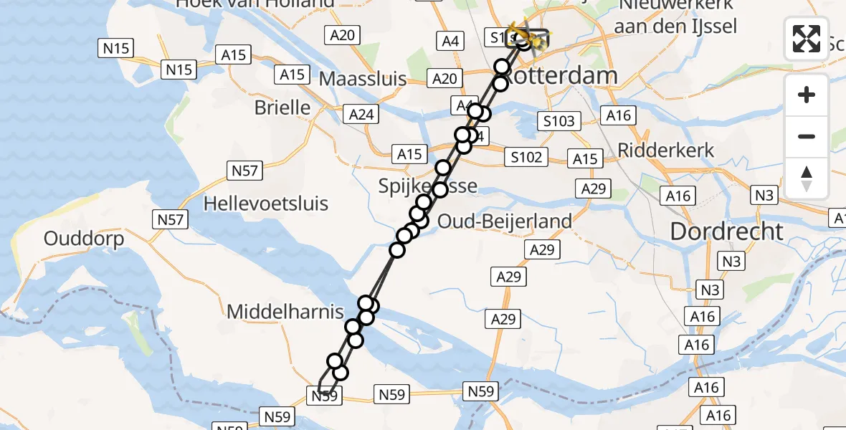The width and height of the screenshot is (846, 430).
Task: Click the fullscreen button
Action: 807,39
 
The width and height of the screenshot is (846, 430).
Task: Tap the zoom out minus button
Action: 807,136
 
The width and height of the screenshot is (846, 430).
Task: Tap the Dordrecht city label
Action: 726,231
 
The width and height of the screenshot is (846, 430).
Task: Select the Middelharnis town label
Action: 285,312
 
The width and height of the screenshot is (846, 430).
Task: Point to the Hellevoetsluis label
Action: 266,204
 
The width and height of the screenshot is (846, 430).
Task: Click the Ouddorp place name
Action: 84,239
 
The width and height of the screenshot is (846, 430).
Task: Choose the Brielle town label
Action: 282,108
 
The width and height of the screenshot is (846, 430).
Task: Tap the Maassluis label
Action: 363,78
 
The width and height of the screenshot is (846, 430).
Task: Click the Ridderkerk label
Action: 666,150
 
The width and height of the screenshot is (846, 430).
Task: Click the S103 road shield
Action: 559,121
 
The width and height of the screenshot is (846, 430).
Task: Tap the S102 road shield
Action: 526,157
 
